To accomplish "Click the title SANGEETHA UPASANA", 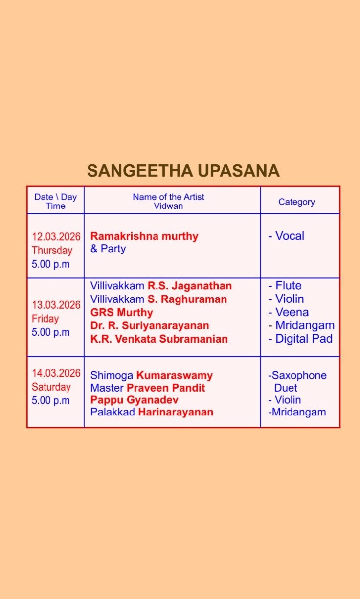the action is (183, 171).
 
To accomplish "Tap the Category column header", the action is (297, 202).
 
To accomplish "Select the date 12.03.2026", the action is (56, 237).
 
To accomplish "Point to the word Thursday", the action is (52, 250).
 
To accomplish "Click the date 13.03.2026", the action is (56, 305).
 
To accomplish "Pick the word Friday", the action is (45, 319).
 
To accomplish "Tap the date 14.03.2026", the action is (56, 373).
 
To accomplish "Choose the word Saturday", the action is (51, 387).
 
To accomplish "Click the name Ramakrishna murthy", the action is (144, 236).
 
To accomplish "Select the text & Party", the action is (108, 249).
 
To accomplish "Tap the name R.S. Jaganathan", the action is (190, 286).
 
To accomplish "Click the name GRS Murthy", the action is (122, 312).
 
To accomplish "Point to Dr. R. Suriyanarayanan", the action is (150, 325).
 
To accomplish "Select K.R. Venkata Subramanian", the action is (159, 339).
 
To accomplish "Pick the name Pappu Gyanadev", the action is (135, 400).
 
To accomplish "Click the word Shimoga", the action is (112, 375).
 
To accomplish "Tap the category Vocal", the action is (290, 236).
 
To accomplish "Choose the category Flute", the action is (289, 285).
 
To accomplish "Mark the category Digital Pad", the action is (304, 339).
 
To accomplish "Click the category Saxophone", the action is (299, 375).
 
